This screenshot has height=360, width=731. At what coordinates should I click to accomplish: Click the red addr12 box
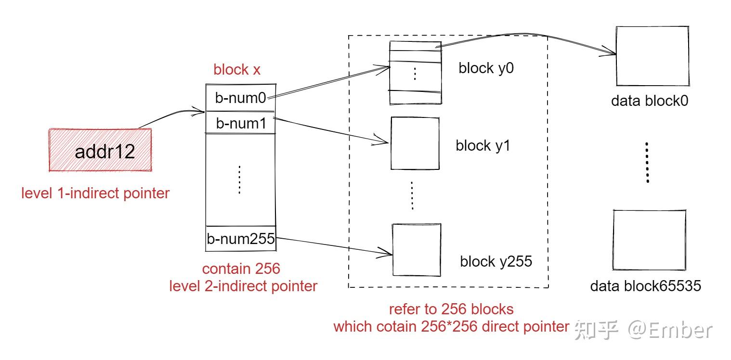100,150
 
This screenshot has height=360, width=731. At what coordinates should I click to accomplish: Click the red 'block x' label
237,70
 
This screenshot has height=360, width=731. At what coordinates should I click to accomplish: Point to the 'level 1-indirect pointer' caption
95,193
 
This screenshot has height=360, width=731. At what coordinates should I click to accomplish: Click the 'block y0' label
486,68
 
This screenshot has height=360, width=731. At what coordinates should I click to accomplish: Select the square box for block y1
415,143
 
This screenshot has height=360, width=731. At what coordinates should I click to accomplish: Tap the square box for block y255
417,250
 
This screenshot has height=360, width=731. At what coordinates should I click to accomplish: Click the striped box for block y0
415,72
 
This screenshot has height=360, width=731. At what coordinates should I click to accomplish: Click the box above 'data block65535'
649,240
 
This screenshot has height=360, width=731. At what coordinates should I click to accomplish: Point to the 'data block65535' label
645,286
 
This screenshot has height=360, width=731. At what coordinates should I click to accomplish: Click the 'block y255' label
496,262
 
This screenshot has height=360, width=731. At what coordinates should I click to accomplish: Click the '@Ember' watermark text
669,330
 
